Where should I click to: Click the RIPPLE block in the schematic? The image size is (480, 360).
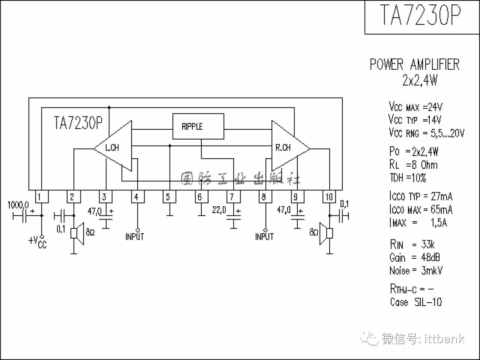point(198,126)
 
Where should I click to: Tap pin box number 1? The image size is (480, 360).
point(41,196)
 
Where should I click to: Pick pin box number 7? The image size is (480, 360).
point(233,196)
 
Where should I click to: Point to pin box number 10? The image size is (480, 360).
point(329,196)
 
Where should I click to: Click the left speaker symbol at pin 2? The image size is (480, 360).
point(78,234)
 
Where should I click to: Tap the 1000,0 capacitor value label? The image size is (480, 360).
point(18,205)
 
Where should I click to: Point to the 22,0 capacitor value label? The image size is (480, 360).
point(219,209)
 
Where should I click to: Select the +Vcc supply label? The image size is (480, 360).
point(37,242)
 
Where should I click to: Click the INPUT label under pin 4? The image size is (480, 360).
point(135,237)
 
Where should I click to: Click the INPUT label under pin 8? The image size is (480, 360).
point(264,237)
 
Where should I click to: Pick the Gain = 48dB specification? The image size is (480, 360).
point(414,257)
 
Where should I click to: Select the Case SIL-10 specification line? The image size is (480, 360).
point(416,302)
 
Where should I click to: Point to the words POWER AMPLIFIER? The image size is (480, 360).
point(414,65)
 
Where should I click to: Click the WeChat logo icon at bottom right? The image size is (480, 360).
point(371,339)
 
